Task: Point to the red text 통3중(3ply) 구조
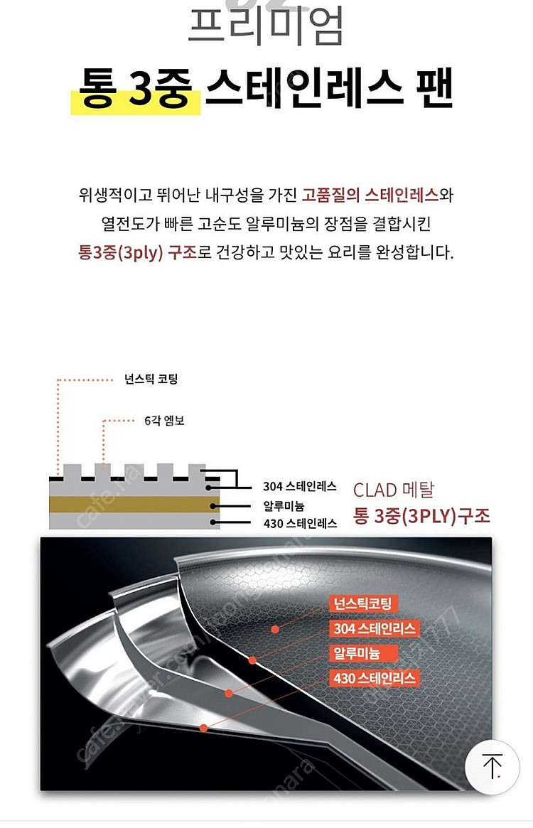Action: click(x=137, y=253)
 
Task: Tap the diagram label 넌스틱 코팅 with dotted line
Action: click(x=150, y=379)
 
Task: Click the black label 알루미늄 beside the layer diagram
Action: click(x=284, y=505)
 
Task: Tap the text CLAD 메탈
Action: click(x=393, y=490)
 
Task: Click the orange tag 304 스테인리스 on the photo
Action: click(x=374, y=629)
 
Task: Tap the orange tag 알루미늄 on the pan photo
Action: click(x=356, y=653)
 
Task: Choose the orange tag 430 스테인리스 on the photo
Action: click(x=374, y=678)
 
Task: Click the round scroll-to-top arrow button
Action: click(x=492, y=766)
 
